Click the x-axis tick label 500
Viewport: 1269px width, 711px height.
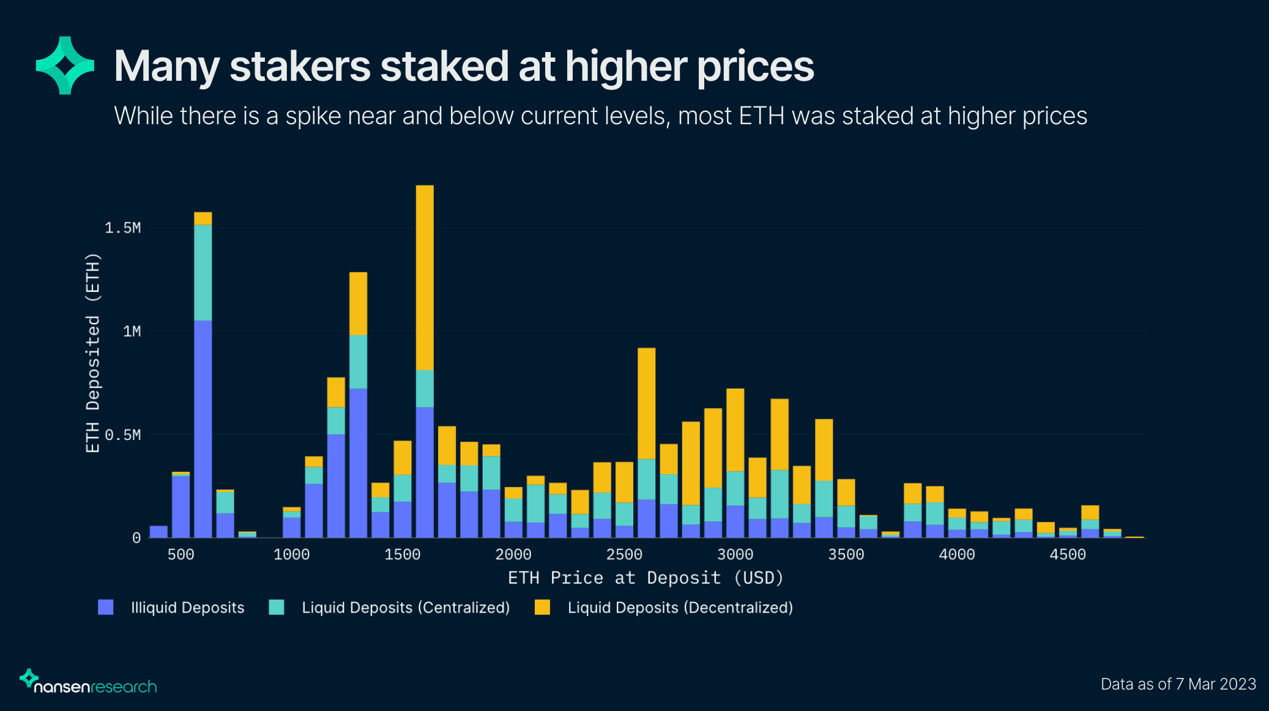pos(180,554)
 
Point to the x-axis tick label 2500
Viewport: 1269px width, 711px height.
pos(624,554)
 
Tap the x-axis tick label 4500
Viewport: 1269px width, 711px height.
pos(1068,554)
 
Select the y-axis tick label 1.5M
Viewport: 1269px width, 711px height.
pos(122,228)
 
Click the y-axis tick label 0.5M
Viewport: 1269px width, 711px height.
pos(122,435)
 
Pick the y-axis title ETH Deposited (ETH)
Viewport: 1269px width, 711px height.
pos(92,352)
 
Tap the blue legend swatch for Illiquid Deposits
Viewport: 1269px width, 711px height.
pos(106,607)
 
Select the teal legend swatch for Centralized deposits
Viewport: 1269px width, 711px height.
pos(277,607)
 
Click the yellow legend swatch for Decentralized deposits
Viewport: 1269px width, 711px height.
pos(542,607)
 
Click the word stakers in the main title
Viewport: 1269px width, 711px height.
pos(300,66)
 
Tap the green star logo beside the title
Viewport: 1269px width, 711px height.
pos(65,65)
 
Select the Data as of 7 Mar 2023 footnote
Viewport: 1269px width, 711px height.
pos(1178,684)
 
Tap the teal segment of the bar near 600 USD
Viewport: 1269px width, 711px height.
pos(203,272)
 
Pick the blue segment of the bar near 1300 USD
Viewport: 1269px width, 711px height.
pos(358,463)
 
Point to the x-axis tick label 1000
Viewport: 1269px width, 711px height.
pos(291,554)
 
